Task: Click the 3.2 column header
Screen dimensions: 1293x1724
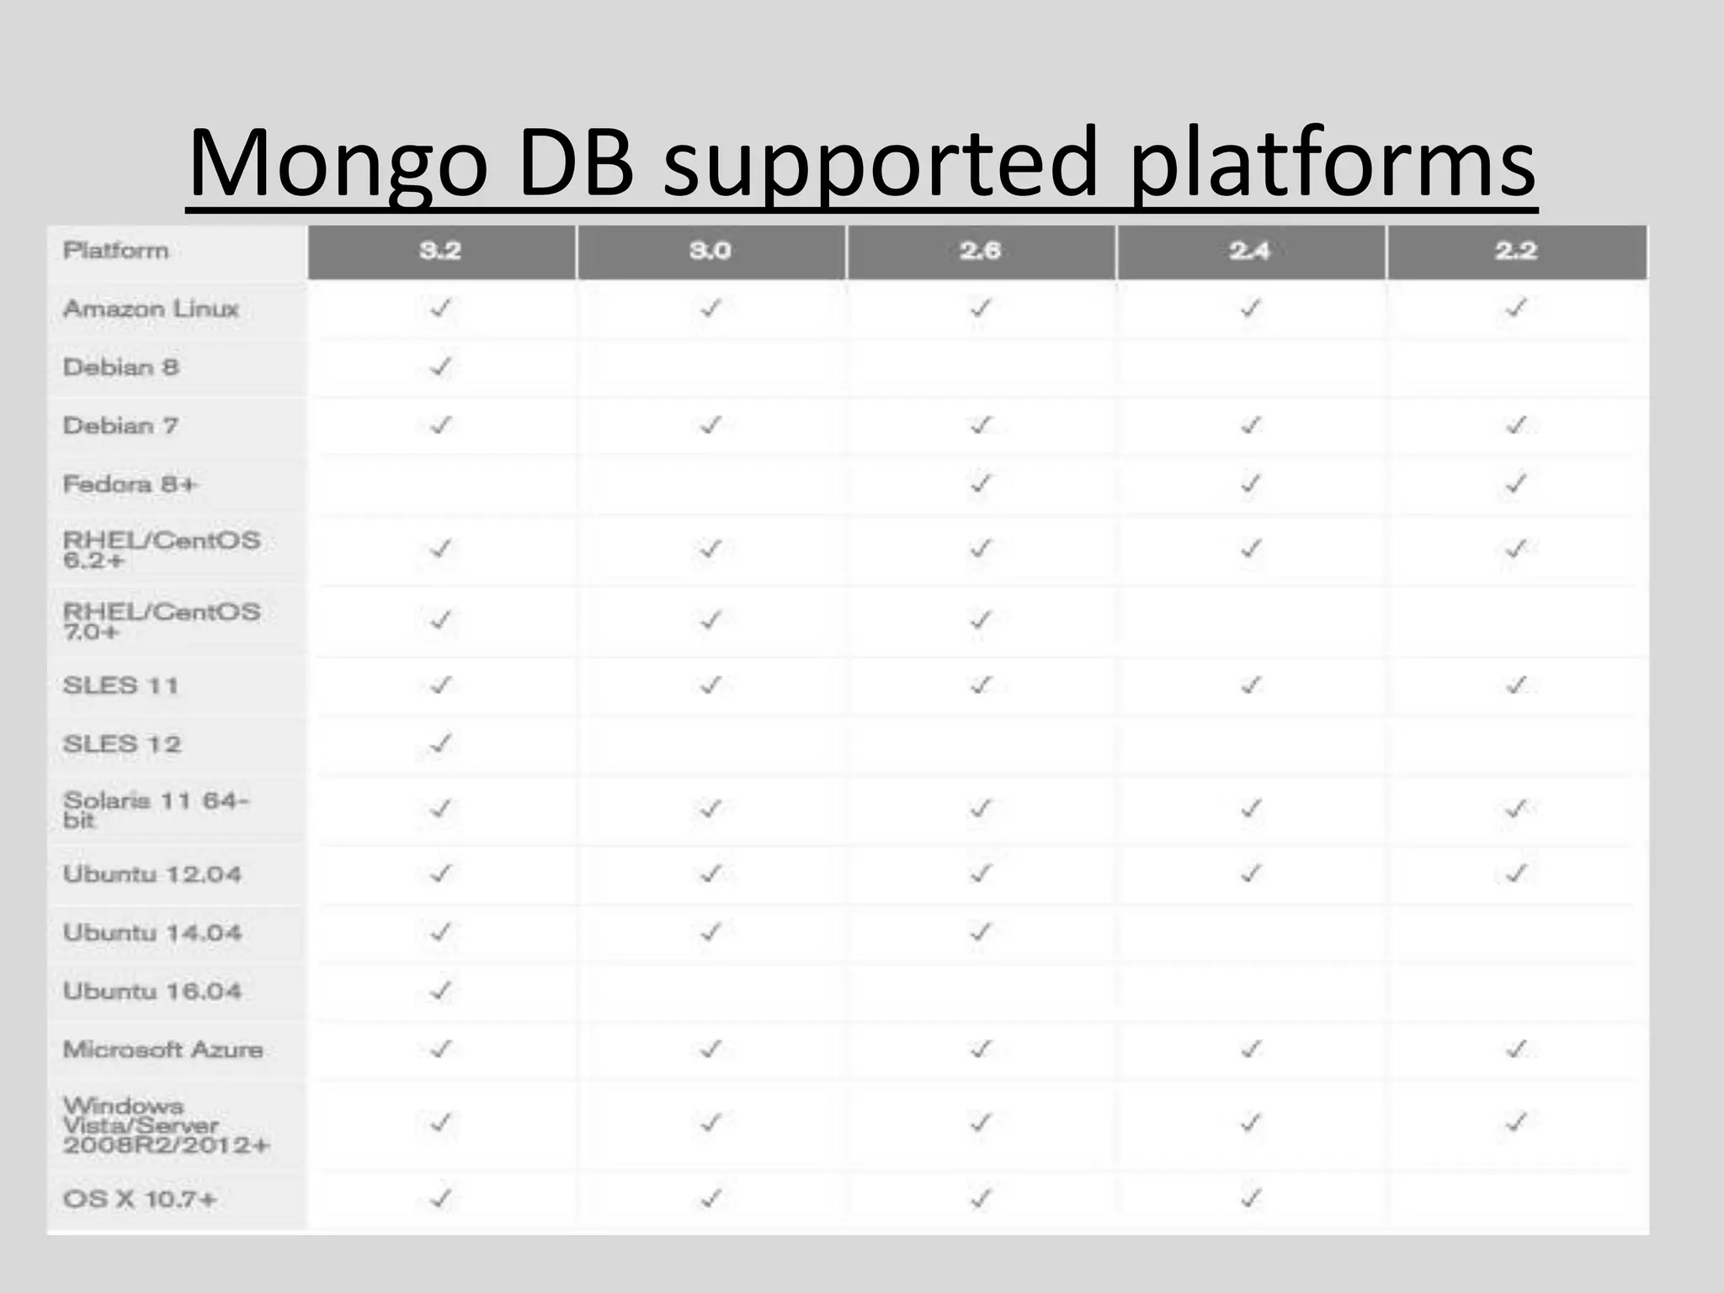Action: tap(440, 251)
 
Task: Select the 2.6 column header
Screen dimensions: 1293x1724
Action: tap(980, 251)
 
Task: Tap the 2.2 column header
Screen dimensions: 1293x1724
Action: tap(1516, 251)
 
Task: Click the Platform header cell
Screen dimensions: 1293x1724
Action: tap(116, 251)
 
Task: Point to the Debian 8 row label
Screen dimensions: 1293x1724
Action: tap(121, 367)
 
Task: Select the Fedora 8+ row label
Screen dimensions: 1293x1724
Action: tap(130, 484)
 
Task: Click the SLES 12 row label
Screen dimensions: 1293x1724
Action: tap(122, 744)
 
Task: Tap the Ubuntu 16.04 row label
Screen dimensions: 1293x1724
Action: tap(152, 991)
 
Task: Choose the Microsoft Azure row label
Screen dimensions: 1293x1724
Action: tap(163, 1050)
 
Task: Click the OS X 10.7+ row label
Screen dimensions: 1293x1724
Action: tap(140, 1199)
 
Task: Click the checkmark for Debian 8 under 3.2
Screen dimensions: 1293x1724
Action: tap(440, 367)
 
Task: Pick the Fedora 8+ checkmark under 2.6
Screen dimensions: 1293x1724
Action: tap(980, 484)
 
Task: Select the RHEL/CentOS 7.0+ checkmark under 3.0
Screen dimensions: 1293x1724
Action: tap(710, 620)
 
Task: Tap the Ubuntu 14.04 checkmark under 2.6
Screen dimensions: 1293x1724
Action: tap(980, 932)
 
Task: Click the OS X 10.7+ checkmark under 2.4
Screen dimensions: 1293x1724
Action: tap(1250, 1197)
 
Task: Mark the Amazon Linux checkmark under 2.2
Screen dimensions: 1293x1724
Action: tap(1516, 308)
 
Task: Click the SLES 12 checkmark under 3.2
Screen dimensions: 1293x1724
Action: tap(440, 743)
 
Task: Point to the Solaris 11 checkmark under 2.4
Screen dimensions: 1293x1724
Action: tap(1250, 809)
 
